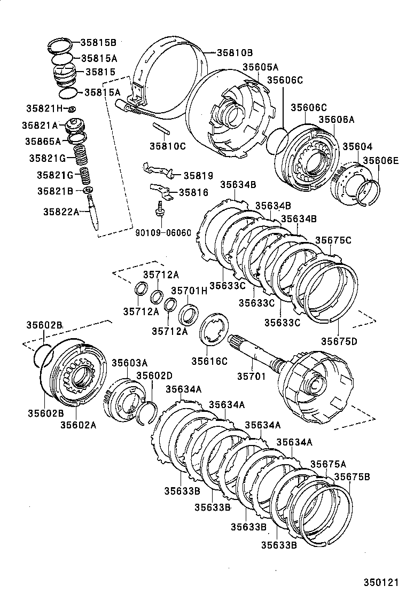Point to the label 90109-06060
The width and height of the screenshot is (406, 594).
point(163,232)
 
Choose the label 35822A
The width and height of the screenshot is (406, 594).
point(61,211)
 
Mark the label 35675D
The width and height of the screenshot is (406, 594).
point(339,340)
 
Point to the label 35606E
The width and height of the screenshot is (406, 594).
point(380,160)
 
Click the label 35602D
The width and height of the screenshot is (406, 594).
point(154,375)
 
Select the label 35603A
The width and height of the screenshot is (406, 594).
point(129,363)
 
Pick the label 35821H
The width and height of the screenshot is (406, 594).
point(44,108)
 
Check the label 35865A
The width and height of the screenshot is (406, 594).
point(43,141)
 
